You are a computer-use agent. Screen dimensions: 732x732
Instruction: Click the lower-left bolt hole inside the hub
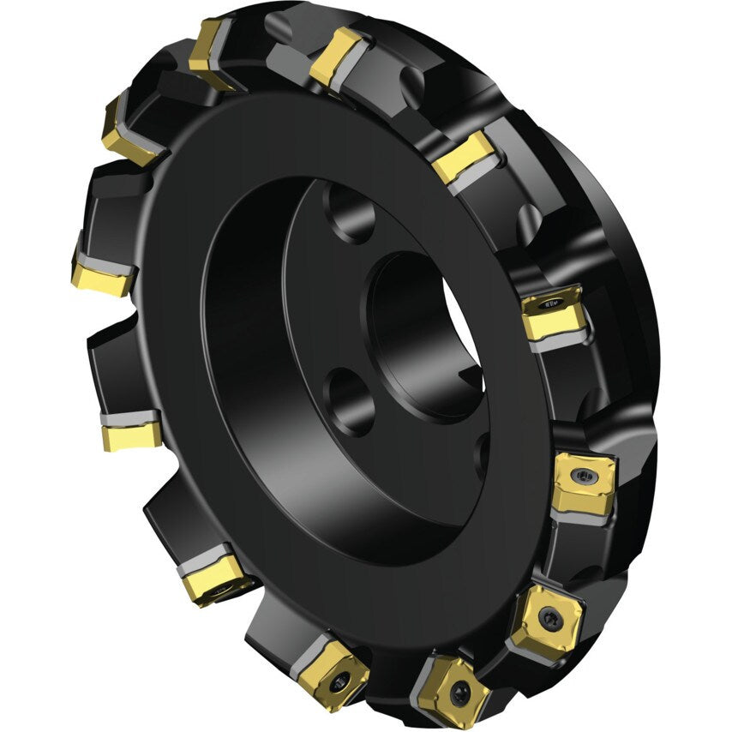point(350,398)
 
